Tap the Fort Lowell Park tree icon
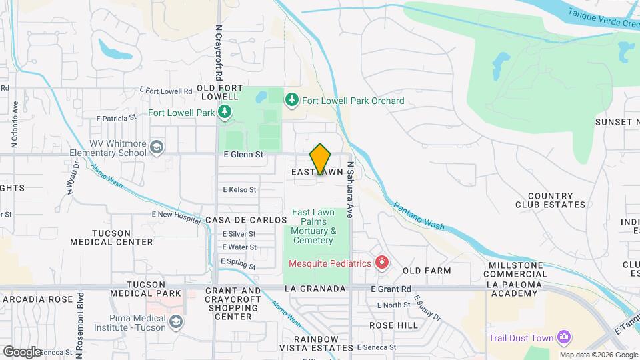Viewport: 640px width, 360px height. pyautogui.click(x=225, y=112)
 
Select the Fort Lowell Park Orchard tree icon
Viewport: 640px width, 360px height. pyautogui.click(x=291, y=101)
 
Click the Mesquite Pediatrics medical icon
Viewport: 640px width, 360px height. pyautogui.click(x=381, y=263)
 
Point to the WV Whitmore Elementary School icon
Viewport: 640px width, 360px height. pyautogui.click(x=157, y=147)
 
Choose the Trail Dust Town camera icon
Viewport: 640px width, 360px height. pyautogui.click(x=565, y=338)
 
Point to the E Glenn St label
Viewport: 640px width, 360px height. pyautogui.click(x=245, y=154)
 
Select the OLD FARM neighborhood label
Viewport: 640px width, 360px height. pyautogui.click(x=427, y=271)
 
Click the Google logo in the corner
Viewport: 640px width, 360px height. pyautogui.click(x=22, y=351)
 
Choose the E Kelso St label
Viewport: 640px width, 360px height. pyautogui.click(x=239, y=189)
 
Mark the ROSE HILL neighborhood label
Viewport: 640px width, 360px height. pyautogui.click(x=393, y=325)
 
